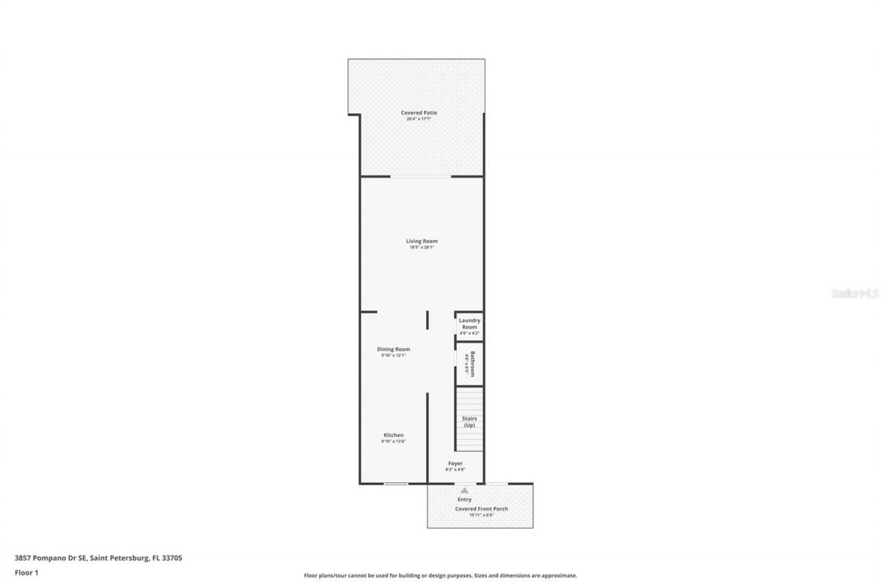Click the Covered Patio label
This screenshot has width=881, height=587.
(419, 113)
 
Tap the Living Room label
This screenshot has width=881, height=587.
(421, 241)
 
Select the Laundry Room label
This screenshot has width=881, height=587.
(469, 323)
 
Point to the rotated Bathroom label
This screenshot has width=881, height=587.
(473, 363)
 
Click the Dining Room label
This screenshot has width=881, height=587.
(393, 349)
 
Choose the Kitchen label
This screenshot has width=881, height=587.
(393, 435)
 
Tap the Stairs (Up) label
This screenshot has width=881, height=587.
(469, 422)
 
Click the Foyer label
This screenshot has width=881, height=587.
(455, 463)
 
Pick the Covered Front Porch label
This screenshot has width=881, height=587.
(481, 509)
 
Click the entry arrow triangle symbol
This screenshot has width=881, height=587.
(465, 491)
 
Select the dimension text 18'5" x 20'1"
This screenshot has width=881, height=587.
(421, 248)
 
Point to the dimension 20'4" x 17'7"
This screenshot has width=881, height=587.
(418, 119)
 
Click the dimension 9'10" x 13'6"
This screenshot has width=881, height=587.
(393, 441)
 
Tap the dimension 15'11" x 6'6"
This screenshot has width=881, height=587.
(481, 515)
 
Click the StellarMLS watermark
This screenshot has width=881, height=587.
(855, 293)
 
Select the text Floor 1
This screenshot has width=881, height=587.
(26, 572)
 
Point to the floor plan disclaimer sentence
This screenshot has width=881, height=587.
(440, 575)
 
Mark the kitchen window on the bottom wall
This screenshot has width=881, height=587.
(396, 484)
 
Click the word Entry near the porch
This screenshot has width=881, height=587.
(465, 499)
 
